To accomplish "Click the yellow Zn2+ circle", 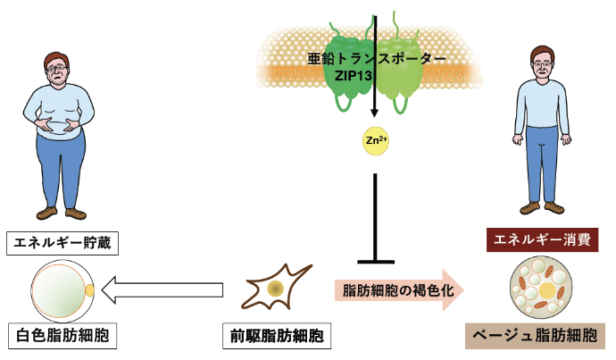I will click(373, 140).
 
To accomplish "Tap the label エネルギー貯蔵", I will click(62, 241).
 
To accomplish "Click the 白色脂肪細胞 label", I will click(62, 337).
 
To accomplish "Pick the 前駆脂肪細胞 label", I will click(275, 337).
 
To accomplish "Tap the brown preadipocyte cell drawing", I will click(275, 288).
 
